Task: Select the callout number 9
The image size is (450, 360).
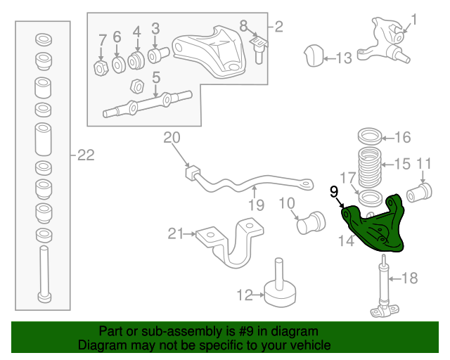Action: (334, 191)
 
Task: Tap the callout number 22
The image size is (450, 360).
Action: (85, 155)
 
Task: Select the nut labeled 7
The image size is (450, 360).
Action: (101, 67)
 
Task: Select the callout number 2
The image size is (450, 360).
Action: (278, 27)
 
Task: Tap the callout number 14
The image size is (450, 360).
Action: (346, 241)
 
